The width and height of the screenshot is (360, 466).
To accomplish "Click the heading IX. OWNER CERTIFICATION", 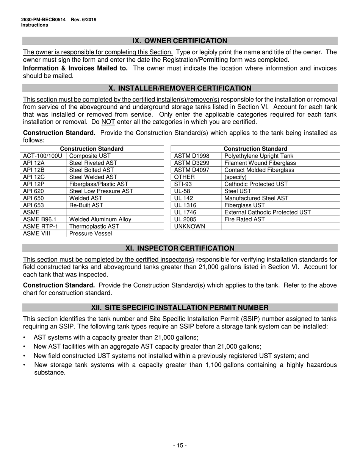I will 180,41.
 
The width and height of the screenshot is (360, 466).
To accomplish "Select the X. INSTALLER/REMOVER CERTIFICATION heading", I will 180,88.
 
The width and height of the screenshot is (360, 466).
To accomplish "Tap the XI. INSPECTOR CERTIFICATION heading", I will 180,248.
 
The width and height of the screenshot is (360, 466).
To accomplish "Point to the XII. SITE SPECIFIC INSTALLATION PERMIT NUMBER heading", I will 180,307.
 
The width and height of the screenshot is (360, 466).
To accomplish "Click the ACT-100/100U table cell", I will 42,156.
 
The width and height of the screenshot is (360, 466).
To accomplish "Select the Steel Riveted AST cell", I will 93,163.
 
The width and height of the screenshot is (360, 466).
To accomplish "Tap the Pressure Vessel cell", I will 91,233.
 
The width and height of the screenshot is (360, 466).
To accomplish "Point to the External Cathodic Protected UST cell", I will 268,212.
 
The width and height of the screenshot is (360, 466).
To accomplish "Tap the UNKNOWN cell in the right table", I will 189,227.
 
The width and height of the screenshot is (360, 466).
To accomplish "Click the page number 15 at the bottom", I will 180,446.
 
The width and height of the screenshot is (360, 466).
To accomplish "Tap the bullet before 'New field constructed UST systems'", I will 25,356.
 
